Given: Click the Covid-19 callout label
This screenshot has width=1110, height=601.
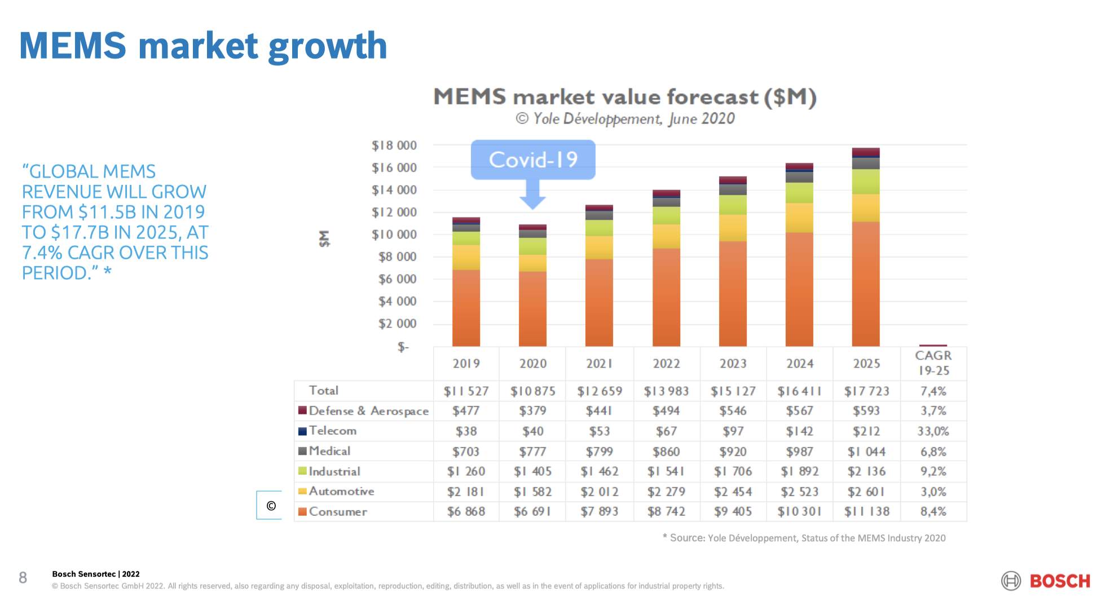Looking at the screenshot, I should point(533,160).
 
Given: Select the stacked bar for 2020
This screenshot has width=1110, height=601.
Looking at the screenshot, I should point(532,288).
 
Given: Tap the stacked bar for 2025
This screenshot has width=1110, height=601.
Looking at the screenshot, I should point(866,248).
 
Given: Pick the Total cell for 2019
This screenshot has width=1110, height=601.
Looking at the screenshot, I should point(466,391).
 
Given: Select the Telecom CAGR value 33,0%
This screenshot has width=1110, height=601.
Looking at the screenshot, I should point(933,431).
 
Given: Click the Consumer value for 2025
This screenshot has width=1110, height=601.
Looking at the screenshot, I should point(866,511).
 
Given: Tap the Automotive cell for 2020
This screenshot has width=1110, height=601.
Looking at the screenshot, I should point(532,492).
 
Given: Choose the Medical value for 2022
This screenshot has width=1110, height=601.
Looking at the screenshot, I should point(666,452).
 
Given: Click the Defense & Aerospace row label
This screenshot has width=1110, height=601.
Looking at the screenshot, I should point(368,411).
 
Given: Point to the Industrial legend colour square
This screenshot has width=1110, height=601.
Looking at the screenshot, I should point(303,471).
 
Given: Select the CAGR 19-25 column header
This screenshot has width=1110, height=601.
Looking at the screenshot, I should point(933,363).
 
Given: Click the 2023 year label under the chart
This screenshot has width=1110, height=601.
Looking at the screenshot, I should point(733,364).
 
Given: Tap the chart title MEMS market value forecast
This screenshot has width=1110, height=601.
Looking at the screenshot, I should point(624,97).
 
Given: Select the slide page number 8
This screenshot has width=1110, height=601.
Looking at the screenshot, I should point(23,577).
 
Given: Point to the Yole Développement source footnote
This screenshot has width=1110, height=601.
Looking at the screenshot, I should point(804,538).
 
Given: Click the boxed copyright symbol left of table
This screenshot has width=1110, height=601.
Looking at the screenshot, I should point(271,505).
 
